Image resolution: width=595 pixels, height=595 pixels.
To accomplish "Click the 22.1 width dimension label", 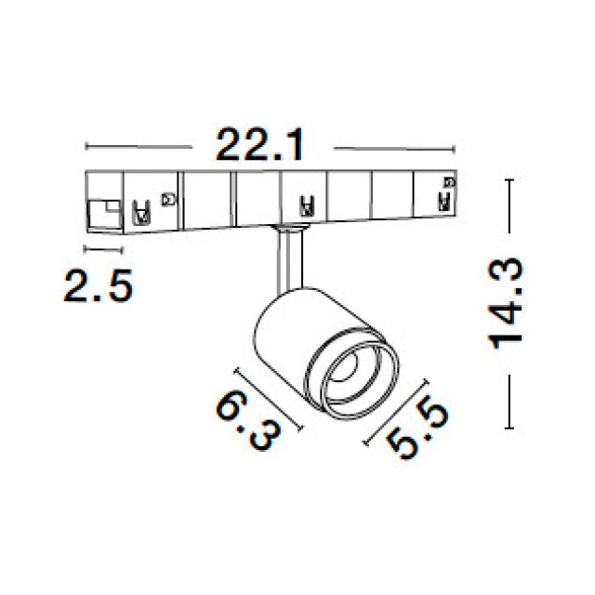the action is point(260,146).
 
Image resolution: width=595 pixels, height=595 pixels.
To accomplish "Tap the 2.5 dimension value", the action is point(99,285).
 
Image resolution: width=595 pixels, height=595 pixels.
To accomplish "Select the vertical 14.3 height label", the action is point(505,304).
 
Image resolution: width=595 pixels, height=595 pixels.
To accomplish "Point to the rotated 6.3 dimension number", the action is point(249,421).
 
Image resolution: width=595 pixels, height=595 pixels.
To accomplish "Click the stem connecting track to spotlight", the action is point(290,262).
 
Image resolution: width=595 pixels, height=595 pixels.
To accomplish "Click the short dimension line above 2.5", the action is point(103,249).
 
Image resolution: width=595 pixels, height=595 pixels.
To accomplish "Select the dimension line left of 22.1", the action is point(139,147).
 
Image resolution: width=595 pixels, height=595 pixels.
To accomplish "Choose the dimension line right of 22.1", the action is point(394,149).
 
